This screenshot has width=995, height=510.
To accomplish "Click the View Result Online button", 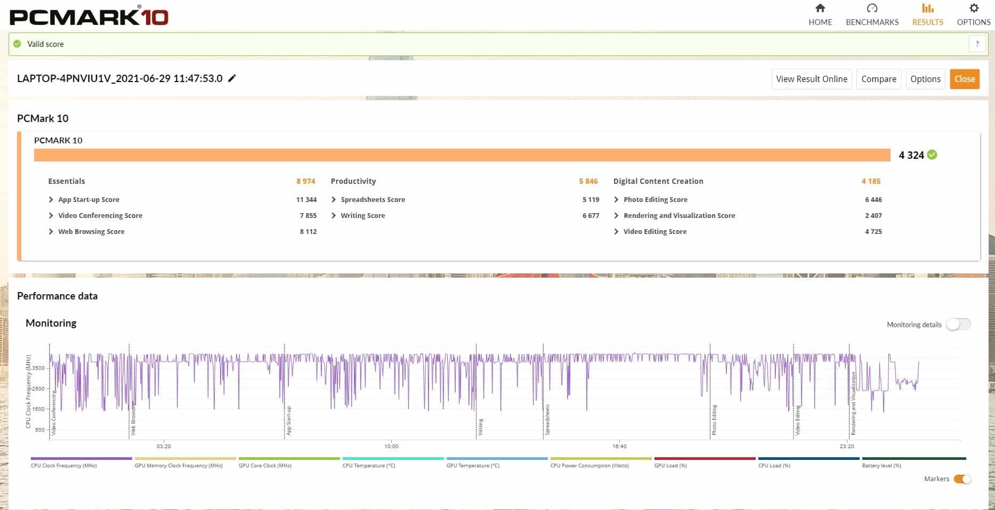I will [811, 79].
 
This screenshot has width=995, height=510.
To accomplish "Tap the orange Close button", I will [964, 79].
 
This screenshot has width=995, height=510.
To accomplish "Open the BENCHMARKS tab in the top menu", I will [872, 15].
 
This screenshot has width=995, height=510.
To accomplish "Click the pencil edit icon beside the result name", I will [232, 78].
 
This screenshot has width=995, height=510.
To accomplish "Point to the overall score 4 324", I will [911, 155].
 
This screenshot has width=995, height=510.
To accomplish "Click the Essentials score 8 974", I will [305, 181].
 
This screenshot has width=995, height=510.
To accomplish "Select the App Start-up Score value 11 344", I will [306, 199].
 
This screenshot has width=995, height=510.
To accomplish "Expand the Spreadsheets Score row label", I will [373, 199].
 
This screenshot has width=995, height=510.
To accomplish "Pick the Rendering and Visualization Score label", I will [679, 215].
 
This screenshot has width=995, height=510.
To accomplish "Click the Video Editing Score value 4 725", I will [873, 231].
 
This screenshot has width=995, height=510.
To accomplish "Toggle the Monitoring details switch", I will [958, 325].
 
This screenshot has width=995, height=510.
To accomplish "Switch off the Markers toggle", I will [962, 479].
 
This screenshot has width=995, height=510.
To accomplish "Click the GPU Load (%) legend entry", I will [670, 465].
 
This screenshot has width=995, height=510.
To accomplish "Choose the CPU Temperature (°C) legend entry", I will [369, 465].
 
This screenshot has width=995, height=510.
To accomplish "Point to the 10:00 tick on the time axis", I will [391, 446].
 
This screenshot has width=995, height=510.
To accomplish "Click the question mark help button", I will [977, 44].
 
